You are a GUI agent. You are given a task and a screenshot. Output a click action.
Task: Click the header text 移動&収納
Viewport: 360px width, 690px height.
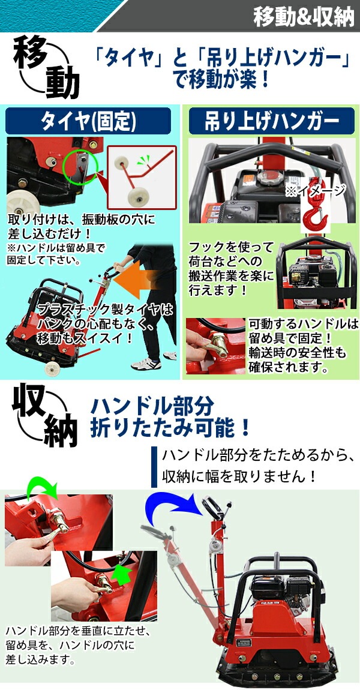(x=304, y=16)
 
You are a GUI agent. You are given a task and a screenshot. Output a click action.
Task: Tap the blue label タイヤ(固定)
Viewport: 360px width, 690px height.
(x=88, y=122)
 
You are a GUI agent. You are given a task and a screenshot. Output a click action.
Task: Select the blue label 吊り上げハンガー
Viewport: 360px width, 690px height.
(x=272, y=122)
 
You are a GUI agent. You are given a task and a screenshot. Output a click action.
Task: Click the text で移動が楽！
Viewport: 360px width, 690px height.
(x=219, y=79)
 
